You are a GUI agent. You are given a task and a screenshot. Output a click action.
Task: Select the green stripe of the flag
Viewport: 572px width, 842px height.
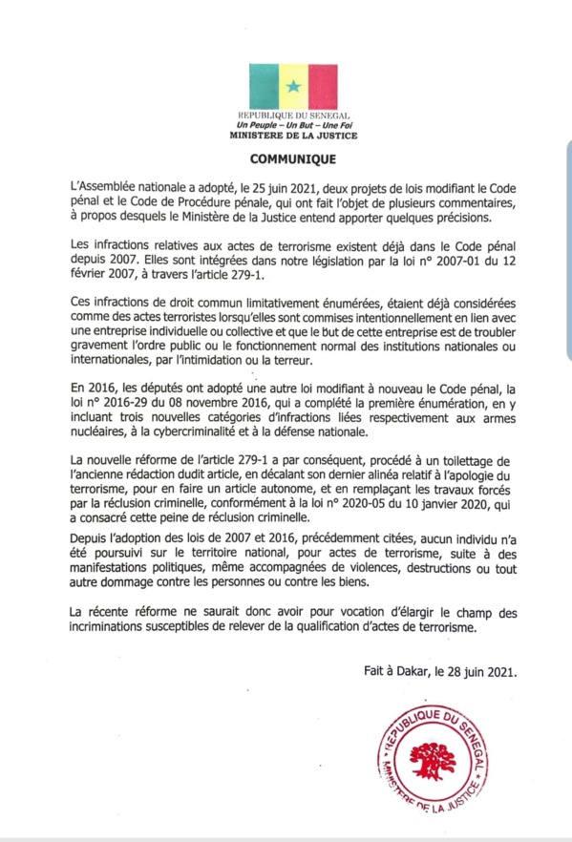click(260, 87)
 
